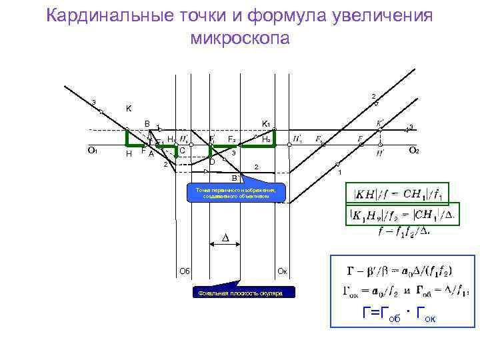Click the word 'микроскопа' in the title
[x=240, y=38]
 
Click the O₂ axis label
[x=413, y=151]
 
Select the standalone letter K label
[x=129, y=109]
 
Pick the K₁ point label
[x=265, y=124]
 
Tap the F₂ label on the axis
[x=231, y=139]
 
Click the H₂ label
[x=265, y=139]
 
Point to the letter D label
[x=212, y=162]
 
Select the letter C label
[x=182, y=150]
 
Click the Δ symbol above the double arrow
[x=225, y=238]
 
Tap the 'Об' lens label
[x=185, y=270]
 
